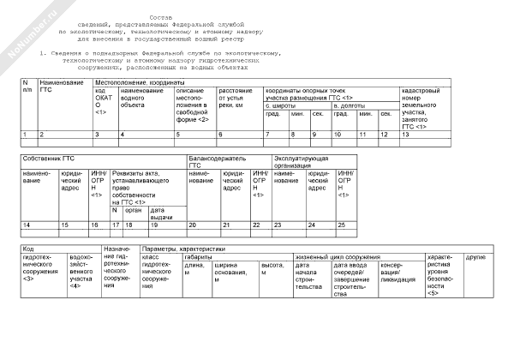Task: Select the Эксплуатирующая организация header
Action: (x=301, y=162)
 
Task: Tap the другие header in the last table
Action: (x=475, y=256)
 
